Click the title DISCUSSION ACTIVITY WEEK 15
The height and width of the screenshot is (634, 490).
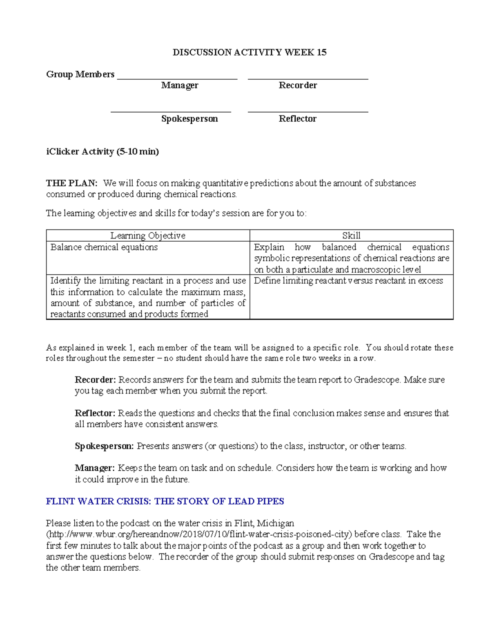click(x=249, y=52)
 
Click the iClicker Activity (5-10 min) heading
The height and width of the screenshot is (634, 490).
click(x=102, y=151)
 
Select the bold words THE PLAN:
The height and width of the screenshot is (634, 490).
click(x=71, y=183)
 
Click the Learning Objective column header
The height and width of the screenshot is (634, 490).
click(x=148, y=236)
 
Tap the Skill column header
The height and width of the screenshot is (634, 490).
click(x=351, y=236)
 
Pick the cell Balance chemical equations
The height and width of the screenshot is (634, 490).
click(x=104, y=247)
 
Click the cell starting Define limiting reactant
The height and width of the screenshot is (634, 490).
click(x=348, y=281)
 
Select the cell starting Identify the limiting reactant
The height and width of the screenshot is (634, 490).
click(x=148, y=297)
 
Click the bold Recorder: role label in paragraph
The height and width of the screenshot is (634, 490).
click(x=96, y=380)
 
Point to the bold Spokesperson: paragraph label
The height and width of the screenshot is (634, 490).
click(x=104, y=446)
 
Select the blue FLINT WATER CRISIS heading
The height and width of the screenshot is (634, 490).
click(x=165, y=501)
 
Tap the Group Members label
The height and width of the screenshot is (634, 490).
click(x=80, y=74)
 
